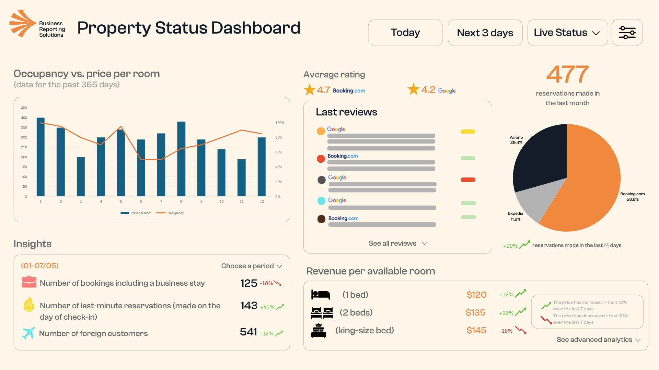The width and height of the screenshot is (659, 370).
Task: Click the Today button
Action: tap(405, 33)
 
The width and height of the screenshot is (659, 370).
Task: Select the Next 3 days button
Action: tap(485, 33)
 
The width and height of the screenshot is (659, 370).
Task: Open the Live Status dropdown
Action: tap(567, 33)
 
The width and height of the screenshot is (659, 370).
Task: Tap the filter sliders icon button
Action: tap(627, 33)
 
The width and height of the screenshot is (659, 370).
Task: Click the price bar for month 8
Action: tap(181, 159)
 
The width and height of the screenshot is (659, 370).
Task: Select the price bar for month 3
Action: tap(81, 177)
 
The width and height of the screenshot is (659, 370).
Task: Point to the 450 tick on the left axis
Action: tap(24, 108)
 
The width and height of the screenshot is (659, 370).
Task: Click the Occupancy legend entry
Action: tap(171, 213)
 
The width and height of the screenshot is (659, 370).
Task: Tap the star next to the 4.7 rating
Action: tap(310, 90)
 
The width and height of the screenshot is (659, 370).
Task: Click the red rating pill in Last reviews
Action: tap(468, 180)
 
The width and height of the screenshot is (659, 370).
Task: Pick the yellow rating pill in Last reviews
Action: tap(468, 132)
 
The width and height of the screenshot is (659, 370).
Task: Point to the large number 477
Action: tap(567, 74)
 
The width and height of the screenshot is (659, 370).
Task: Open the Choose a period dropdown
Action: tap(252, 266)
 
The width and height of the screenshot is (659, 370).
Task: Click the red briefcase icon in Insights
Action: tap(29, 282)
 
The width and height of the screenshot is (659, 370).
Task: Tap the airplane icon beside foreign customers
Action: tap(28, 333)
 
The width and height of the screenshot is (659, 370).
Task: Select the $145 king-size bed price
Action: tap(476, 331)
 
